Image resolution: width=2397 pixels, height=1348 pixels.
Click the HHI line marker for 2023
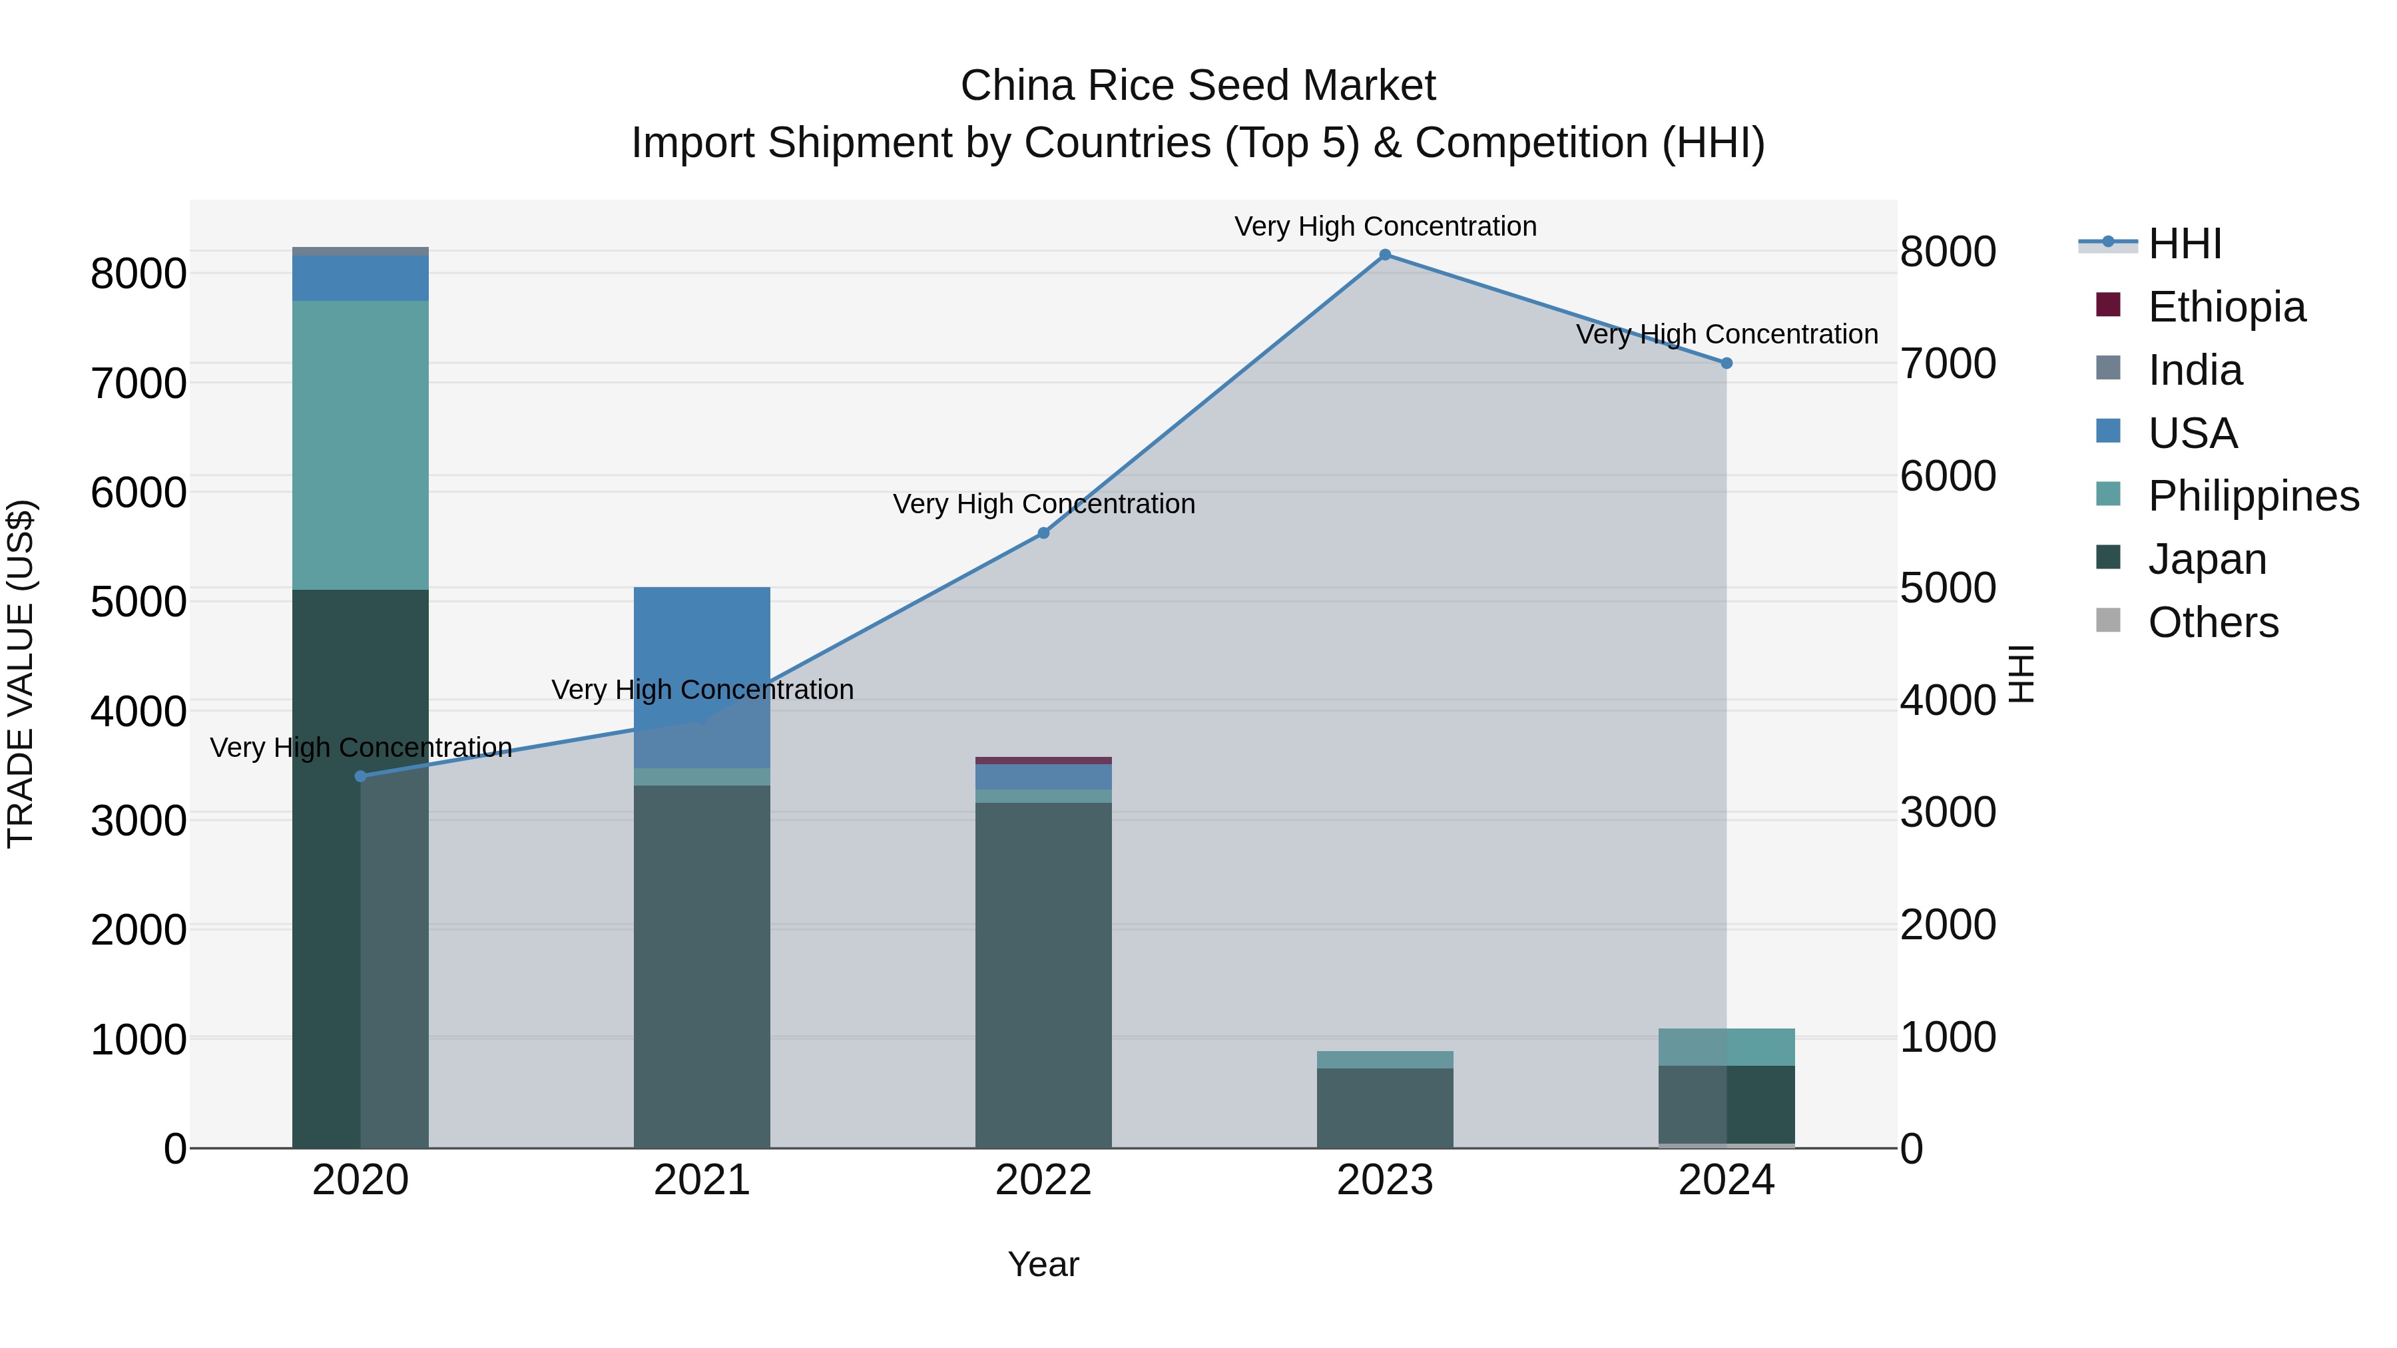[1385, 255]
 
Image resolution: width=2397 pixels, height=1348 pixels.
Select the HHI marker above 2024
[1726, 363]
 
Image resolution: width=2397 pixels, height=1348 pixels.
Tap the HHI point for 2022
[1043, 533]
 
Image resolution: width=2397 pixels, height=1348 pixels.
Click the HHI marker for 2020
[361, 776]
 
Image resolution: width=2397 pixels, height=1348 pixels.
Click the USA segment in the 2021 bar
[702, 651]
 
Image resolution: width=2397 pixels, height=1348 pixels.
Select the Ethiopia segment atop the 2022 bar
[1043, 760]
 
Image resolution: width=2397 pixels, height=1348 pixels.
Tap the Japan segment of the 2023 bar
[1385, 1107]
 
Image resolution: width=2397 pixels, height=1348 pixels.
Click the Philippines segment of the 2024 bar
[1726, 1046]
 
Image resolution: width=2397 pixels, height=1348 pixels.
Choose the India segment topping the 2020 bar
[360, 251]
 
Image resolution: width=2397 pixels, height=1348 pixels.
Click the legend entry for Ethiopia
[2226, 307]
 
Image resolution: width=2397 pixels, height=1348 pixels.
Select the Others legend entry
[2213, 622]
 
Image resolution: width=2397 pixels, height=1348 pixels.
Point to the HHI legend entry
[2184, 244]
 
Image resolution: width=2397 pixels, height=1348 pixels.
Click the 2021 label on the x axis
[702, 1180]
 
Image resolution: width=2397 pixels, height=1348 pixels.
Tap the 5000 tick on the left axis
[138, 602]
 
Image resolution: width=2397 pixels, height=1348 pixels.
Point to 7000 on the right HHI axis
[1948, 363]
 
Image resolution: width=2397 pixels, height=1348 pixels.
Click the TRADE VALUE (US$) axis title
[21, 674]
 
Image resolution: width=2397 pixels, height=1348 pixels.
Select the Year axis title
[1043, 1264]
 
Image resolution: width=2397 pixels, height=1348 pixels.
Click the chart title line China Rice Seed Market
[1198, 86]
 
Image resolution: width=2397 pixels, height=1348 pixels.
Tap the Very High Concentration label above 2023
[1385, 226]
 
